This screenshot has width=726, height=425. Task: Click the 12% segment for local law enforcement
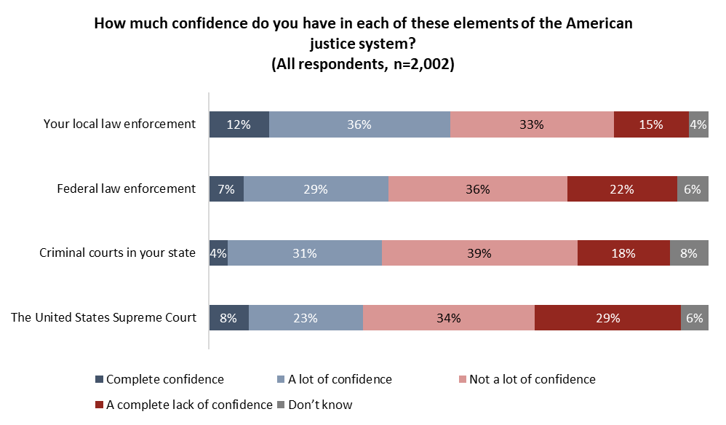tap(239, 124)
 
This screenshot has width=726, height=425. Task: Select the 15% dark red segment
tap(651, 124)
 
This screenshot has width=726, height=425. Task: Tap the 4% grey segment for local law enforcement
tap(698, 124)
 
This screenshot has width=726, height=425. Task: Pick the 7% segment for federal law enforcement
tap(226, 189)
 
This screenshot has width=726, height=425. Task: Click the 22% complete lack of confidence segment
tap(622, 189)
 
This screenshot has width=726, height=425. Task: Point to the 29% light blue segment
tap(316, 189)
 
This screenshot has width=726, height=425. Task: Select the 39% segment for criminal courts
tap(479, 253)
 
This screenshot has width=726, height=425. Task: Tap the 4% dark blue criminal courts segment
tap(218, 253)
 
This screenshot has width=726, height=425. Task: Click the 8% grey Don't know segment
tap(689, 253)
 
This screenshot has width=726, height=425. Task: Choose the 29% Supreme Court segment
tap(607, 318)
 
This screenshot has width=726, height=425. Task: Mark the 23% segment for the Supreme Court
tap(306, 318)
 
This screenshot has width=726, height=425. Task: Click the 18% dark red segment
tap(623, 253)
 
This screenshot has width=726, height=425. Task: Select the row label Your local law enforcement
tap(119, 124)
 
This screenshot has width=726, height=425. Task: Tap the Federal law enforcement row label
tap(126, 188)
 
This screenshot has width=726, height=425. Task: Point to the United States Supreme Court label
tap(103, 317)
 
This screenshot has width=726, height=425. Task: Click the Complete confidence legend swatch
tap(100, 380)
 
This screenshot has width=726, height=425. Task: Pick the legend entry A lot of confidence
tap(340, 379)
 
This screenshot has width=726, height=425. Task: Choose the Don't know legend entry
tap(320, 405)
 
